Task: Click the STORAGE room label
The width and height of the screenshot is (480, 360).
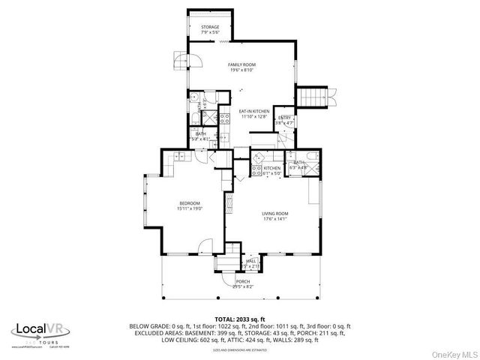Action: [x=209, y=27]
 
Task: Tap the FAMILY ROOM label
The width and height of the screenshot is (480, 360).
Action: [x=241, y=65]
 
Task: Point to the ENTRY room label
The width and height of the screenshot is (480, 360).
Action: [x=285, y=118]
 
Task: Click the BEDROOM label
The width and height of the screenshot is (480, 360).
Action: [x=189, y=203]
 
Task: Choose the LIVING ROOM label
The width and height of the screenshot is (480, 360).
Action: [x=274, y=214]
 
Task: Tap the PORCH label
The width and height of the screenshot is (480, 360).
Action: [x=243, y=281]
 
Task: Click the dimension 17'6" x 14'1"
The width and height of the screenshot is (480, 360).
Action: [x=274, y=219]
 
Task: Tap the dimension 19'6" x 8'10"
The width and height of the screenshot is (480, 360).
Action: [x=241, y=70]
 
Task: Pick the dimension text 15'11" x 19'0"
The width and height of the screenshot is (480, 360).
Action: [x=189, y=208]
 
